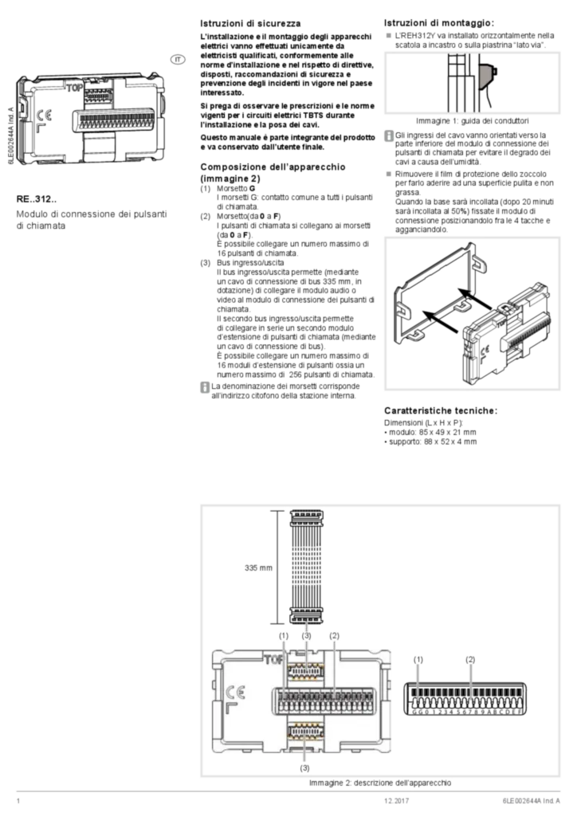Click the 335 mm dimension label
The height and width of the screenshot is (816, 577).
(x=258, y=567)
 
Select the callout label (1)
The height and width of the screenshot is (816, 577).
(x=284, y=636)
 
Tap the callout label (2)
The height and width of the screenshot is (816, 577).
(x=335, y=636)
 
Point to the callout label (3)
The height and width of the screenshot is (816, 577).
(x=306, y=636)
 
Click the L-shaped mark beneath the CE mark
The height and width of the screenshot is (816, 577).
(x=231, y=708)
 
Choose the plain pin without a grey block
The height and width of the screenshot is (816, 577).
(x=418, y=681)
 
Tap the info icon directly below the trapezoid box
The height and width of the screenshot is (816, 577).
(x=389, y=137)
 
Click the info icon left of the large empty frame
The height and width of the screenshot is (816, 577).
(x=206, y=387)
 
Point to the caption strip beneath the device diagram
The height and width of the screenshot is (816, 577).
(x=379, y=784)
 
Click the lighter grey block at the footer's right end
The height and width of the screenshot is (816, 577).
(x=528, y=802)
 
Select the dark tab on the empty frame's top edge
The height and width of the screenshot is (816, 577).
(x=422, y=232)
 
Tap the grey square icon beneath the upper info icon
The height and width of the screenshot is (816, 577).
(x=389, y=171)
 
